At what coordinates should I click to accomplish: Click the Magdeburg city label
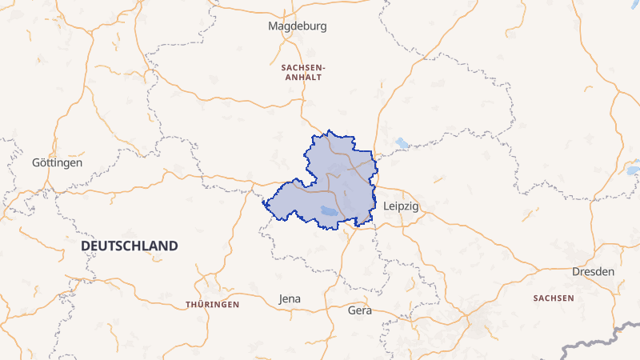tap(298, 26)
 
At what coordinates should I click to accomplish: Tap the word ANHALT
tap(302, 78)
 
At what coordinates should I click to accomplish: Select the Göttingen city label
tap(57, 162)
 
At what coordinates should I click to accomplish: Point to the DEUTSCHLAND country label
tap(130, 246)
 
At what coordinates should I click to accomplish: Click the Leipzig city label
tap(402, 206)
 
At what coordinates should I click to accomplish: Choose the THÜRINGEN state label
tap(213, 305)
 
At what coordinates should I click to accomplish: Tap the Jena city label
tap(290, 299)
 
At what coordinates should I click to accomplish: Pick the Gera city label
tap(360, 310)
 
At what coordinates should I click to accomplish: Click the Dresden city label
tap(593, 272)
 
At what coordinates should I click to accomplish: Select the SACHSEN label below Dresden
tap(553, 298)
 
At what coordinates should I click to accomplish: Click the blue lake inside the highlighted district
tap(328, 211)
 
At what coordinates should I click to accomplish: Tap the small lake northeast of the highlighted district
tap(402, 144)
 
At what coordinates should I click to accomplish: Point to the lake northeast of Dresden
tap(634, 170)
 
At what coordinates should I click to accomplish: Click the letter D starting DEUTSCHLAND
tap(86, 246)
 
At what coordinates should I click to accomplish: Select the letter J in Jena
tap(281, 299)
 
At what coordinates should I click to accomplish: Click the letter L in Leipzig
tap(386, 206)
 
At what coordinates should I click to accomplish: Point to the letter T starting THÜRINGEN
tap(188, 305)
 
